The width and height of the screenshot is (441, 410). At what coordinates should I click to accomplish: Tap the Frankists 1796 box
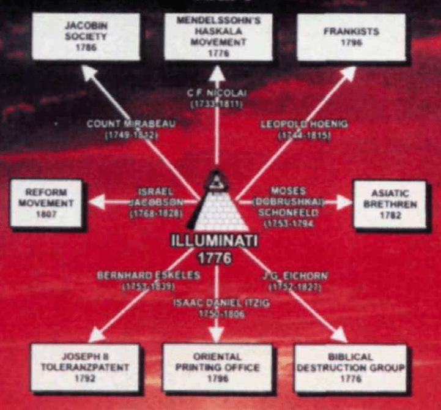(x=351, y=37)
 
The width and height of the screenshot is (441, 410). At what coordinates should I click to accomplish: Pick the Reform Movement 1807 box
(x=46, y=204)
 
